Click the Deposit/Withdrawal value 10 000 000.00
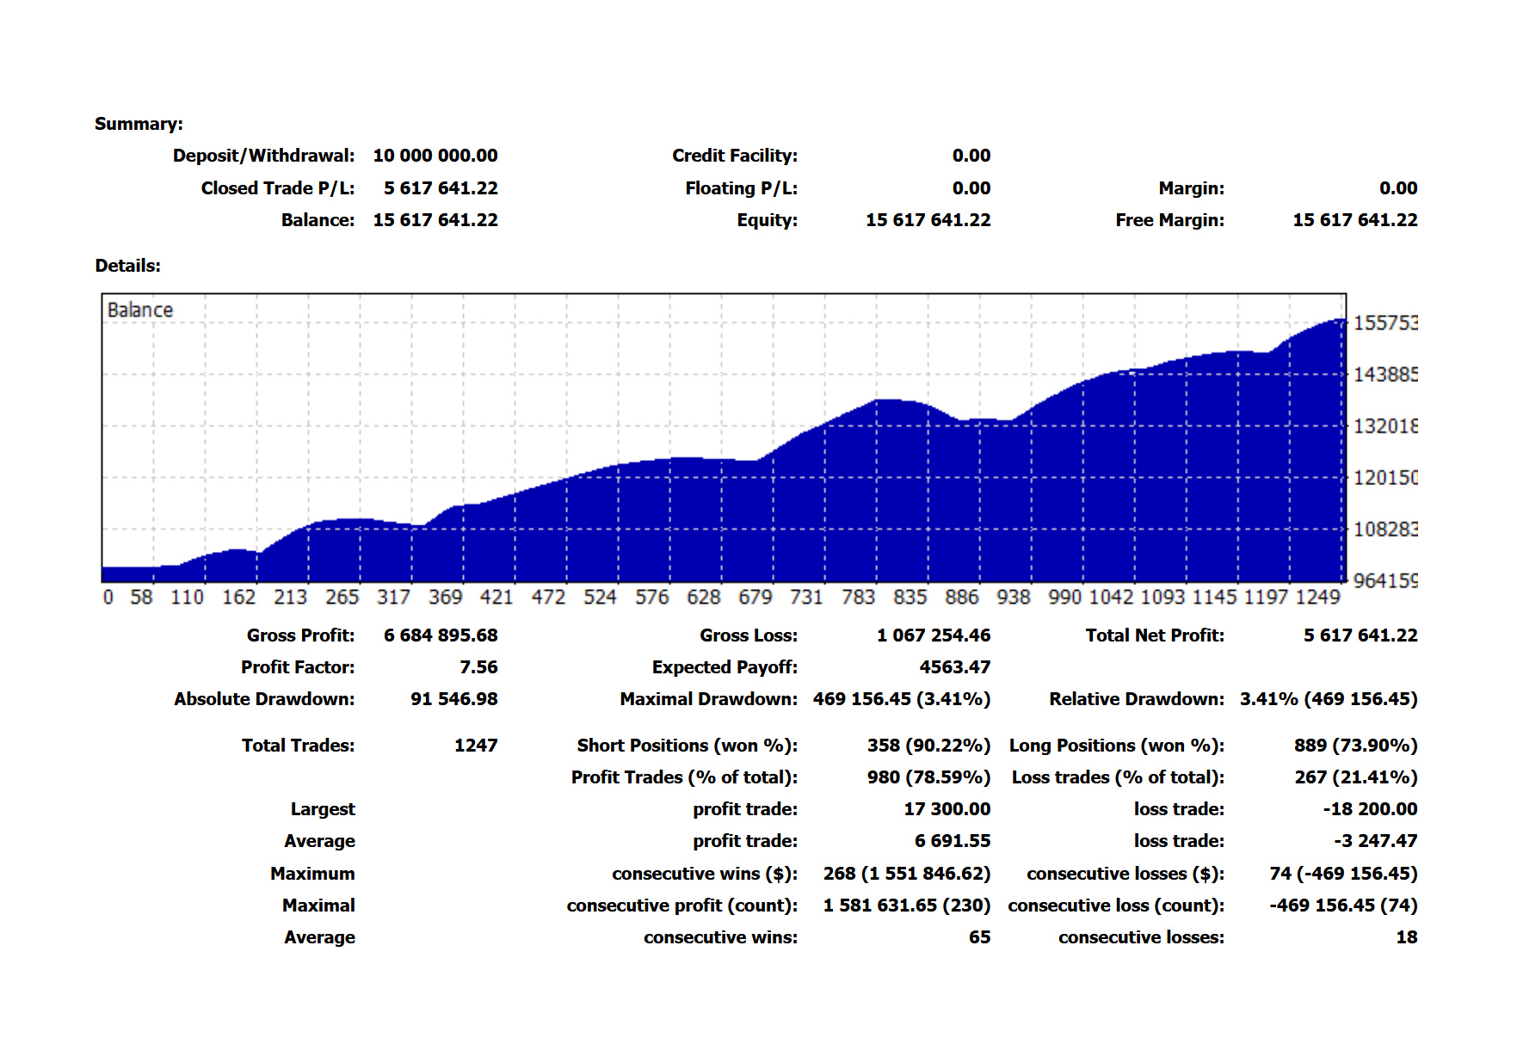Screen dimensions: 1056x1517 pyautogui.click(x=435, y=156)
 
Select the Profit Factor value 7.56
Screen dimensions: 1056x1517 pyautogui.click(x=478, y=667)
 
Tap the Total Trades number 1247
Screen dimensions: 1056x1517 pyautogui.click(x=476, y=746)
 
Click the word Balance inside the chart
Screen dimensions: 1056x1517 pyautogui.click(x=139, y=310)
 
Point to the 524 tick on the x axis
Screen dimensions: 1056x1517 pyautogui.click(x=600, y=597)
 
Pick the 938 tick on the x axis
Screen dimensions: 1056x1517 pyautogui.click(x=1013, y=597)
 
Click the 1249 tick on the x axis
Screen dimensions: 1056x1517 pyautogui.click(x=1317, y=597)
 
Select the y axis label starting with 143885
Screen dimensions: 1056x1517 pyautogui.click(x=1384, y=374)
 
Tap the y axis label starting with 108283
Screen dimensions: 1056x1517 pyautogui.click(x=1384, y=529)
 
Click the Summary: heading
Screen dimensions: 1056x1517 pyautogui.click(x=139, y=124)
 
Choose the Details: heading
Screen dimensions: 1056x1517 pyautogui.click(x=127, y=266)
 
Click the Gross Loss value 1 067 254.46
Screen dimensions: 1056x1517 pyautogui.click(x=934, y=635)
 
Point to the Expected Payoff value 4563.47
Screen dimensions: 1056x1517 pyautogui.click(x=954, y=667)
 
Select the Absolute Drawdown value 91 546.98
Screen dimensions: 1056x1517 pyautogui.click(x=453, y=699)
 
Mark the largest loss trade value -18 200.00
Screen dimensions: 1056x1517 pyautogui.click(x=1370, y=809)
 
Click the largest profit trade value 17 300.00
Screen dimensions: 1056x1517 pyautogui.click(x=947, y=809)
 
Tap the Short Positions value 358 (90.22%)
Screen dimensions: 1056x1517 pyautogui.click(x=928, y=746)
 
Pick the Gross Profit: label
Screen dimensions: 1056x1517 pyautogui.click(x=300, y=635)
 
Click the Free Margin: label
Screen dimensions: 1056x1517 pyautogui.click(x=1169, y=220)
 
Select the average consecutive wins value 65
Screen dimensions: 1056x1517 pyautogui.click(x=979, y=937)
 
